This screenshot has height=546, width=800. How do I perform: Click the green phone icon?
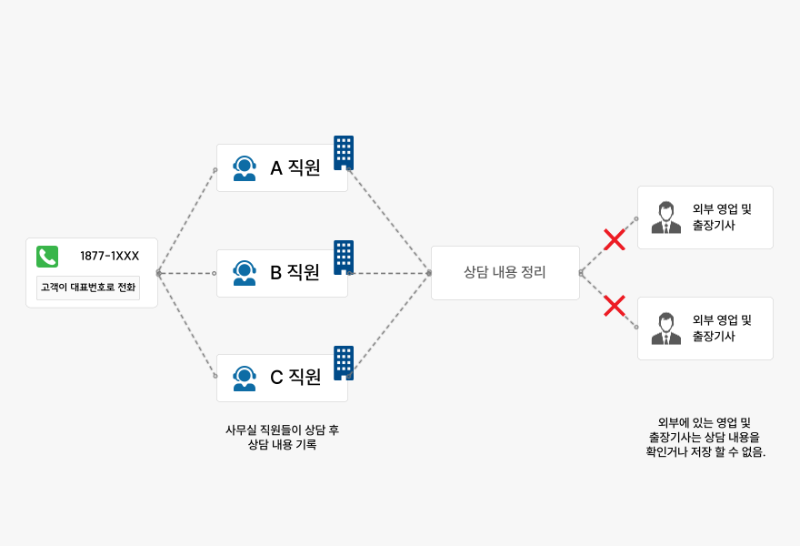tap(47, 257)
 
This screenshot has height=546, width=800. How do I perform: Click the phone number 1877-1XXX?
tap(109, 256)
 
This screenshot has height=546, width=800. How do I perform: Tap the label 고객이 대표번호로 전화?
tap(88, 288)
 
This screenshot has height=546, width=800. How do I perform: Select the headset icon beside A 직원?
tap(245, 168)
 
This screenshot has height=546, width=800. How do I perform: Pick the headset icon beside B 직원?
tap(245, 273)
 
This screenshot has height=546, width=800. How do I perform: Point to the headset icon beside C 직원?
tap(245, 378)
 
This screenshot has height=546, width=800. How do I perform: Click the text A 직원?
tap(295, 167)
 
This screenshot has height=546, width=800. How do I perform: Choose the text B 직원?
tap(295, 272)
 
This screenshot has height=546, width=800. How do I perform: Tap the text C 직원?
tap(295, 377)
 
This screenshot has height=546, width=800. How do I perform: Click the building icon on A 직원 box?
tap(344, 152)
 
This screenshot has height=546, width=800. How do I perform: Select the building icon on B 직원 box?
tap(344, 258)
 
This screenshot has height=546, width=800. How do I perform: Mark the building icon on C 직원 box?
tap(344, 362)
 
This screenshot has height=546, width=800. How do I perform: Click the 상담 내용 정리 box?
tap(505, 272)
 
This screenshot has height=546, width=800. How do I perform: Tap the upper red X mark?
tap(615, 240)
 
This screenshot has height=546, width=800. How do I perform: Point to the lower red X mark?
tap(615, 306)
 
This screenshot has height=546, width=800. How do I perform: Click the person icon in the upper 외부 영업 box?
tap(665, 217)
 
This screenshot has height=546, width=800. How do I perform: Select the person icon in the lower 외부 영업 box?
tap(665, 329)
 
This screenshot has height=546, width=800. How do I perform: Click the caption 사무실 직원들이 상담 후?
tap(282, 430)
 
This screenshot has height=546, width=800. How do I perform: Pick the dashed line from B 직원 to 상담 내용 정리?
tap(389, 273)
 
